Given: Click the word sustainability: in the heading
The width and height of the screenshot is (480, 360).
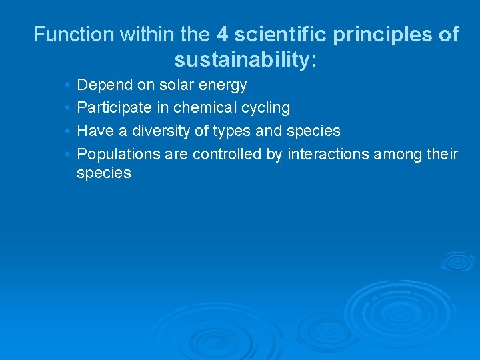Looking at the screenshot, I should click(245, 61).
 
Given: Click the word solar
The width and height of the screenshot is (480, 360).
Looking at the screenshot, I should click(176, 85).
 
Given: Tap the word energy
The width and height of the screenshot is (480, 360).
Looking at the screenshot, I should click(223, 86).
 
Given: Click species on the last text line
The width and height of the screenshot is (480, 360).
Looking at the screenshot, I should click(104, 174).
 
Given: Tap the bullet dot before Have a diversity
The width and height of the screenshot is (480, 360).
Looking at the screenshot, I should click(69, 131).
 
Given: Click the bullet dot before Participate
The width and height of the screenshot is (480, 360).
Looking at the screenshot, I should click(69, 108).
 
